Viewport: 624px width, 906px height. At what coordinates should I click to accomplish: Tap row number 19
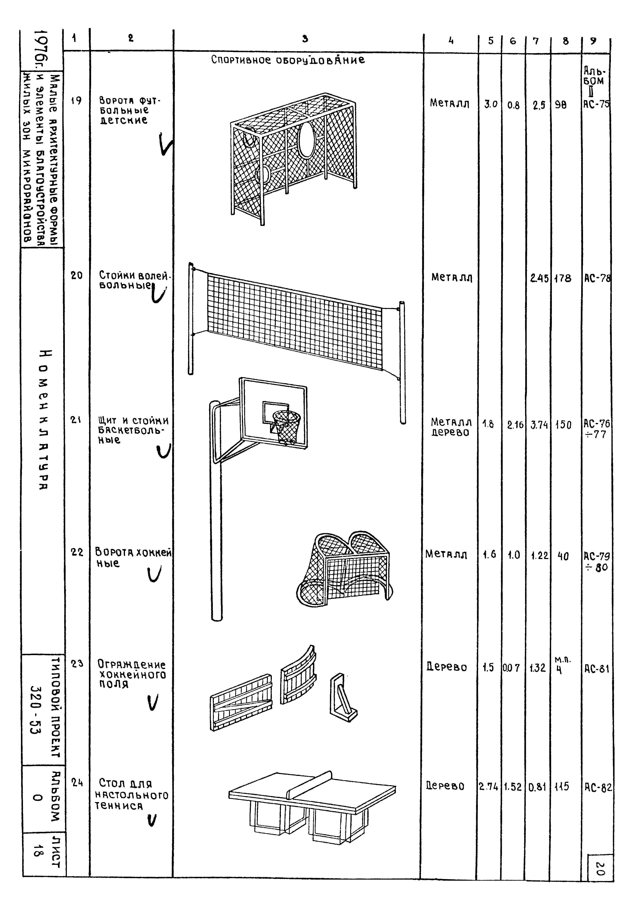coord(77,101)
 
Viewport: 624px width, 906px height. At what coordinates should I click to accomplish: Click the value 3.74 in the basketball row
coord(539,425)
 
